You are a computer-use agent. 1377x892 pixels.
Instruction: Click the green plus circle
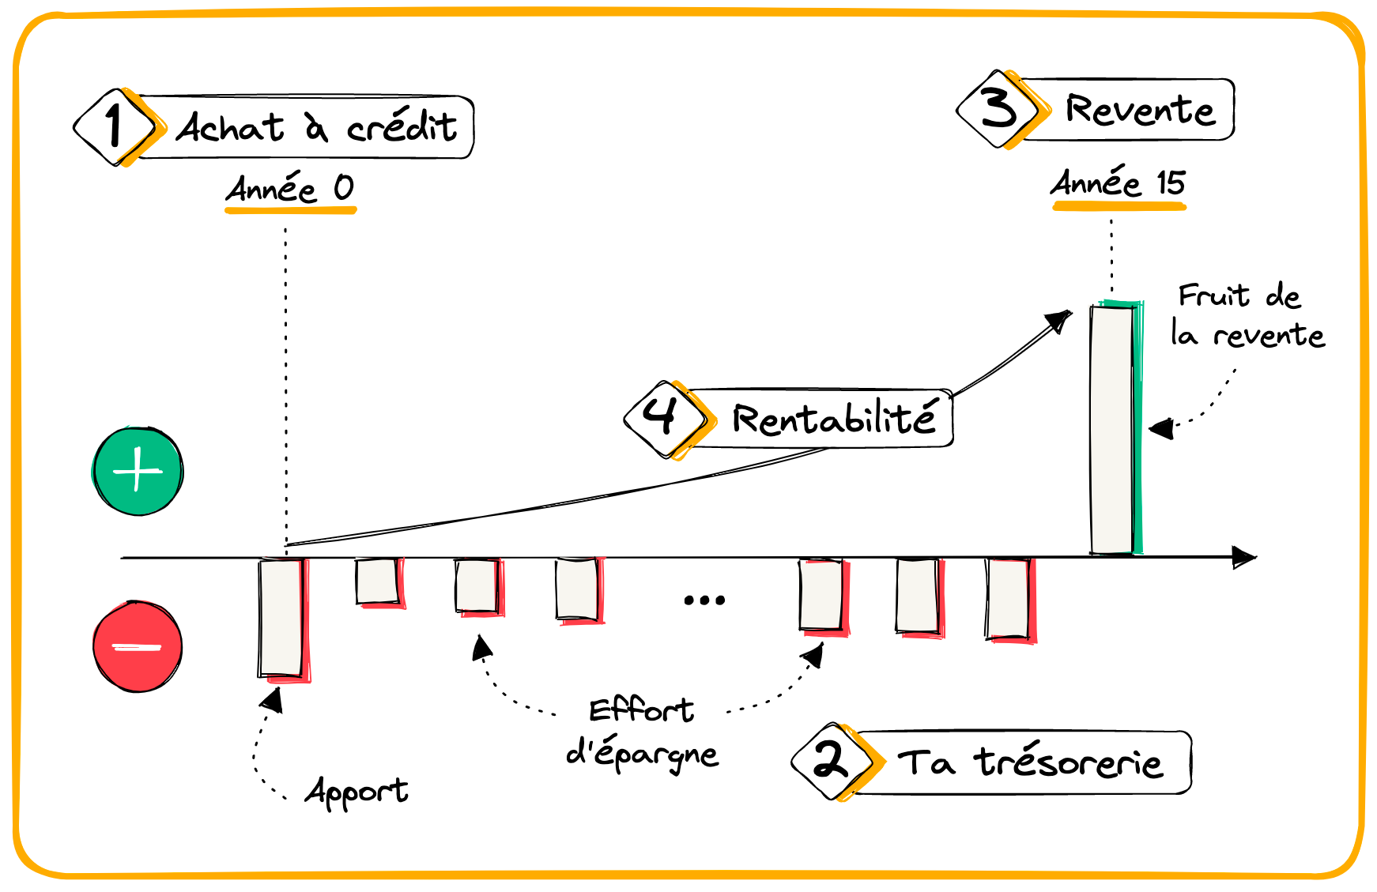[138, 472]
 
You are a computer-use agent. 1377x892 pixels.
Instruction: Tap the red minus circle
[138, 646]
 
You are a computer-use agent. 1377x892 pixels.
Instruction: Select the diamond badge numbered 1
[115, 126]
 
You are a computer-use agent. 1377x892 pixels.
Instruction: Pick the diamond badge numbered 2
[832, 761]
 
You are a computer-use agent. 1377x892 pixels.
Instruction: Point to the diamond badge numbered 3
[998, 109]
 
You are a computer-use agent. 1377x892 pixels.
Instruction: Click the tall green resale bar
[1114, 429]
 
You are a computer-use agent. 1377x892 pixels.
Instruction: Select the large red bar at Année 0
[282, 618]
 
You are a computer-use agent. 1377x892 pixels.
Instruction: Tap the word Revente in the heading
[1139, 110]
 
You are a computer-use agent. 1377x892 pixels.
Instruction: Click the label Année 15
[1118, 184]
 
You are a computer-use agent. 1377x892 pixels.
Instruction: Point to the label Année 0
[290, 190]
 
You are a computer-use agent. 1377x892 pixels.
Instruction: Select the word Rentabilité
[834, 419]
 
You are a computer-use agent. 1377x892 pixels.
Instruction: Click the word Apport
[357, 792]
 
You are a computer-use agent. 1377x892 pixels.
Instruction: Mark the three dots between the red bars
[704, 600]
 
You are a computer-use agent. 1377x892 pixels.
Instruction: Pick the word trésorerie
[1068, 763]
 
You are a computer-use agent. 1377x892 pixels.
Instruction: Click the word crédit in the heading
[402, 127]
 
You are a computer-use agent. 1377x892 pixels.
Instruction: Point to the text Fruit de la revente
[1247, 316]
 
